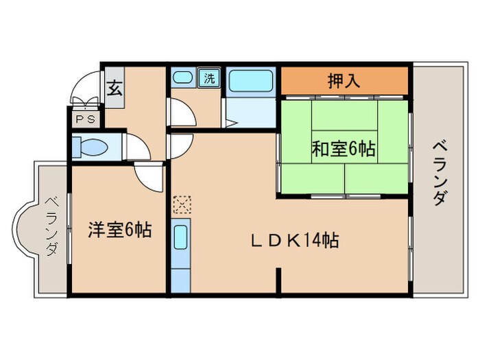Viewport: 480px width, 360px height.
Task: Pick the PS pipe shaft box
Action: pyautogui.click(x=85, y=119)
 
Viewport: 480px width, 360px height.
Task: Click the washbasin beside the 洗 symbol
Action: pyautogui.click(x=182, y=77)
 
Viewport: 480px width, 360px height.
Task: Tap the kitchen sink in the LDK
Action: pyautogui.click(x=181, y=239)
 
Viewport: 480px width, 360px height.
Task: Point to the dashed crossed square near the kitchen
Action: pyautogui.click(x=182, y=204)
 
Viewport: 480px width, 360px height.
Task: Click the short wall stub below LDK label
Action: pyautogui.click(x=278, y=281)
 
